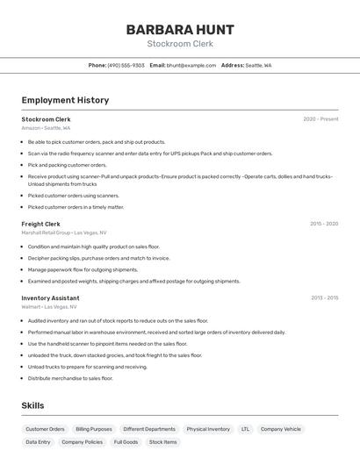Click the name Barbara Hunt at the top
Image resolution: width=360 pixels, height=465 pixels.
180,29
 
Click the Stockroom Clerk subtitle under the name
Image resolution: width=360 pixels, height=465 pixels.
180,44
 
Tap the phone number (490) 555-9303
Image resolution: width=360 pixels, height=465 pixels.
126,65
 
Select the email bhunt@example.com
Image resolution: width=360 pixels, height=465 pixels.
191,65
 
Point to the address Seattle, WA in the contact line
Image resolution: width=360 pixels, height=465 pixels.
258,65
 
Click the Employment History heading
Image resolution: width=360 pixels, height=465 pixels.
65,100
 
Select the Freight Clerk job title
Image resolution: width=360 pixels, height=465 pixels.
40,224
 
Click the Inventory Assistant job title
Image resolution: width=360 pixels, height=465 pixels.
50,298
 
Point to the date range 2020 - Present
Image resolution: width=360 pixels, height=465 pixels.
320,119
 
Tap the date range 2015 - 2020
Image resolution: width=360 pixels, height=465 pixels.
324,224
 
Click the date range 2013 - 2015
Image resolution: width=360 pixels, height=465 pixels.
324,298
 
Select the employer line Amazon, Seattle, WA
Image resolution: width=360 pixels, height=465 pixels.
46,128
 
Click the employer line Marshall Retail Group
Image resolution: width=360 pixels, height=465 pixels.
63,232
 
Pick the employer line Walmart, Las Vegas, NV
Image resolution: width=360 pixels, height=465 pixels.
48,307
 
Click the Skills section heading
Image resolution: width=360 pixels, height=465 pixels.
32,405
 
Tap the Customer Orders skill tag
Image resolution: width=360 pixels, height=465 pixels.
45,429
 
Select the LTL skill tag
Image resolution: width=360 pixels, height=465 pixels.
245,429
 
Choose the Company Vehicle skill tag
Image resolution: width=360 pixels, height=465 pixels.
281,429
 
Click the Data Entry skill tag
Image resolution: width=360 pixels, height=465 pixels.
38,442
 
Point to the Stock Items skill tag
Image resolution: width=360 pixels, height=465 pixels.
162,442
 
